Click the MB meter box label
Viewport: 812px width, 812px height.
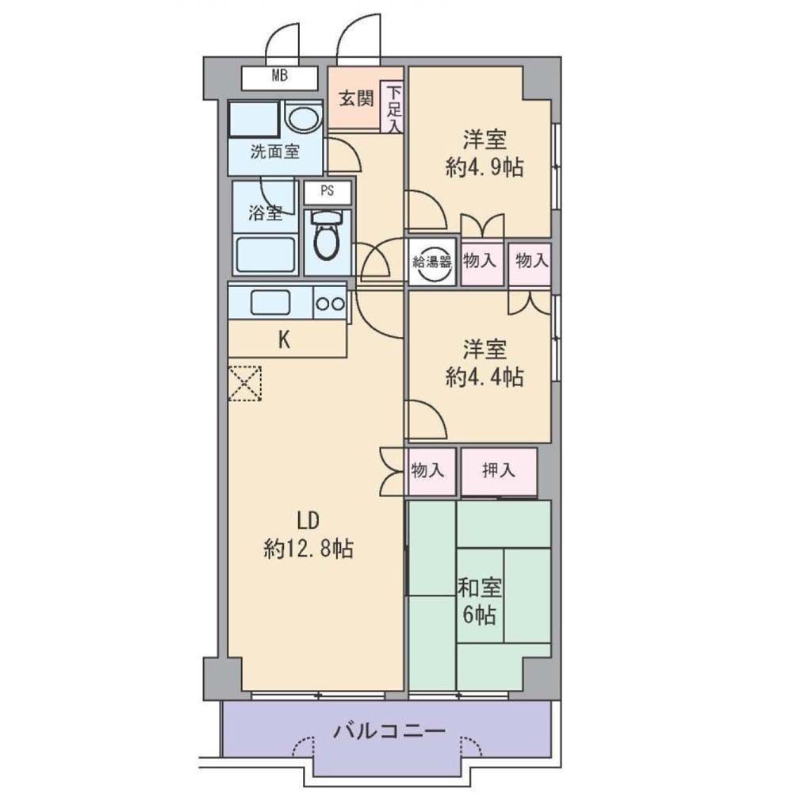pos(280,77)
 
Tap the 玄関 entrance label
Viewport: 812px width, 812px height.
pos(356,98)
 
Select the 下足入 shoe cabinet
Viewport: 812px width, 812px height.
pos(393,107)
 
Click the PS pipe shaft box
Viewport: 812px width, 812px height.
pos(327,192)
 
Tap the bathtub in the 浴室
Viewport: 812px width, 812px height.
pos(266,255)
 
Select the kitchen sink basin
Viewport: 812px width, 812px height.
pos(270,302)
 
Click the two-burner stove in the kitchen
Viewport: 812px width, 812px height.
pos(330,304)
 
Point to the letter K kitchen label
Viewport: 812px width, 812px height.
pos(284,340)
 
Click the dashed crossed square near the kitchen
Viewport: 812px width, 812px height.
pos(245,383)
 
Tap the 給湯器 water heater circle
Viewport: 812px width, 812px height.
pos(432,262)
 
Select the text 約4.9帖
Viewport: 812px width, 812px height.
pos(485,168)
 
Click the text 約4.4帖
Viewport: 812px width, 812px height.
pos(485,377)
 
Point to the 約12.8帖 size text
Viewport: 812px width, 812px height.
pos(308,549)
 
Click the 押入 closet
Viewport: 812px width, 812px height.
pos(499,471)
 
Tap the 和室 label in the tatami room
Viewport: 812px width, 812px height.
pos(479,589)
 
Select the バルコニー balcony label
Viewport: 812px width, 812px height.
pos(389,731)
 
